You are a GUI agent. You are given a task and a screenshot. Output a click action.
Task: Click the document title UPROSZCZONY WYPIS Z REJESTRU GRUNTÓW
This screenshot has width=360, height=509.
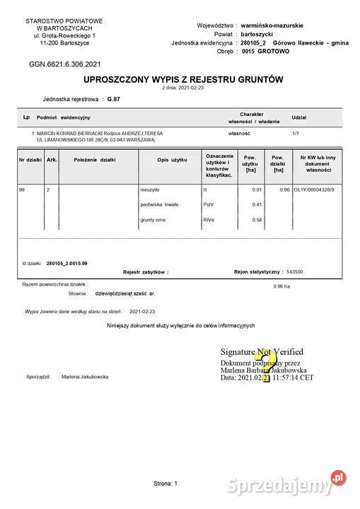coord(182,80)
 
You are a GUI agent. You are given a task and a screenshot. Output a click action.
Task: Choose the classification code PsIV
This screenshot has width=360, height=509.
coord(208,205)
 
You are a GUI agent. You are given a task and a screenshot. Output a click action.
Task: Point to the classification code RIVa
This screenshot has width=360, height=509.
coord(209,221)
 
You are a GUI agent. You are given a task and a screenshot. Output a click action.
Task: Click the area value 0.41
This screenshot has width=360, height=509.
coord(257,205)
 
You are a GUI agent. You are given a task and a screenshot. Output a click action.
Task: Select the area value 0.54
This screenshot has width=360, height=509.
coord(257,221)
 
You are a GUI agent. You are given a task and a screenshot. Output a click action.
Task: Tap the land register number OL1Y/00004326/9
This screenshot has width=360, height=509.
coord(317,190)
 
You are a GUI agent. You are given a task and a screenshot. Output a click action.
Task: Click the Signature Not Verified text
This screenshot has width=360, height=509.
coord(262,351)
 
